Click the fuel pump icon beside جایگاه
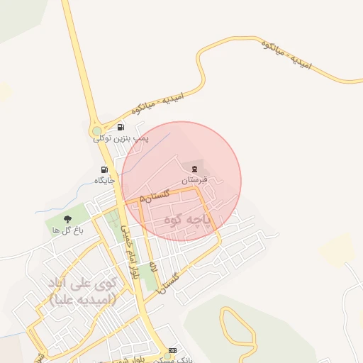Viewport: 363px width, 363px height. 105,169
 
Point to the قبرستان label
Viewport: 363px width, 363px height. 194,180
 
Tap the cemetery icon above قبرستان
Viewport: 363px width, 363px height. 193,167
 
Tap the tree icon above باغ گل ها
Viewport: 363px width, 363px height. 68,219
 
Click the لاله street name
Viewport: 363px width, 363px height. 155,270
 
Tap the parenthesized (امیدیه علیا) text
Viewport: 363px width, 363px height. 83,299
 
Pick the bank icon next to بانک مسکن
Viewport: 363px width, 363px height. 173,351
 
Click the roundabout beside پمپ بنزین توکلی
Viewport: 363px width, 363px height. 97,131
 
